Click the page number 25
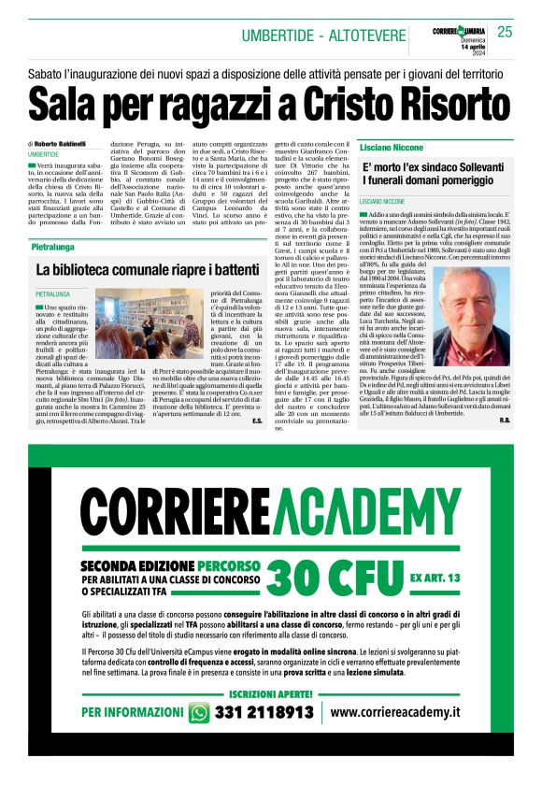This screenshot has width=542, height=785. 505,32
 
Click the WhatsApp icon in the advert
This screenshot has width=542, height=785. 199,712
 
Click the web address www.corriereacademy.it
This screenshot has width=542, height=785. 395,712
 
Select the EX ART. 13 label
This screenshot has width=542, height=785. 435,552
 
